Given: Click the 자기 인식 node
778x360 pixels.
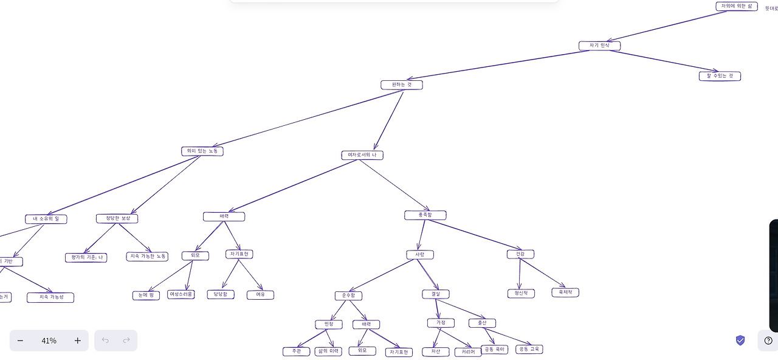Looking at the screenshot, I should click(599, 46).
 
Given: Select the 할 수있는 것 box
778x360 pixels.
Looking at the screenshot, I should click(720, 76).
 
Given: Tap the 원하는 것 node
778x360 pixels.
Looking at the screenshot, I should click(401, 85).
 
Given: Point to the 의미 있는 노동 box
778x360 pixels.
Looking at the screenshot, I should click(202, 151).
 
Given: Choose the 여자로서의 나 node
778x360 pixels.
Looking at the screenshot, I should click(362, 155).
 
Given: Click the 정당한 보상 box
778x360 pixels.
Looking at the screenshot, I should click(117, 218).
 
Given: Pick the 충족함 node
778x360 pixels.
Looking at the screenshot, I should click(425, 215).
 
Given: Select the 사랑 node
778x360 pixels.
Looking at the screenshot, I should click(420, 255).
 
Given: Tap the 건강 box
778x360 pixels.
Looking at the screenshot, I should click(520, 254).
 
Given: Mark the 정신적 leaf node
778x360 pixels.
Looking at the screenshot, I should click(521, 293).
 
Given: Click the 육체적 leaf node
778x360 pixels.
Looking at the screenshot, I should click(565, 292).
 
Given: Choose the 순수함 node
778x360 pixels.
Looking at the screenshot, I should click(348, 296).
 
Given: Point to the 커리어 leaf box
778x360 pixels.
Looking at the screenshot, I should click(468, 352).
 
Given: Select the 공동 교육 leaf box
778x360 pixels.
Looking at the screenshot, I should click(529, 349).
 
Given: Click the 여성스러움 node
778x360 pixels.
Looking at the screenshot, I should click(181, 294).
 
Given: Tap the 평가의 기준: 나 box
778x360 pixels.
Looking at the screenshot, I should click(86, 257).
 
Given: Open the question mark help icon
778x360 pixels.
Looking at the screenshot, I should click(768, 341).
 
